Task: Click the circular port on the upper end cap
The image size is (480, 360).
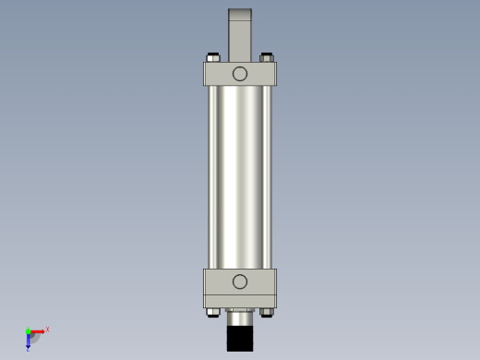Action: click(240, 74)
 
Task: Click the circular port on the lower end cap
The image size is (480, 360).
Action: click(240, 282)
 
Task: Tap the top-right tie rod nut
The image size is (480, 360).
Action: click(267, 57)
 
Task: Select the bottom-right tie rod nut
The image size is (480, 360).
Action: click(267, 312)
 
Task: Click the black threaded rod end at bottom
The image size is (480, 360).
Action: click(240, 337)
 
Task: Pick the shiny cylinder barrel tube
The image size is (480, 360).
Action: click(240, 175)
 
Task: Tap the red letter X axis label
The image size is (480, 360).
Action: click(47, 329)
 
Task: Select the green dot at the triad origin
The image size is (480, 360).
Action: click(28, 330)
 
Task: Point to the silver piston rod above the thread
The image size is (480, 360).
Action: click(240, 313)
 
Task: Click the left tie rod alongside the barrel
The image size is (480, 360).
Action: click(210, 175)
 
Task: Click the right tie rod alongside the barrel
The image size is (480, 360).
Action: click(269, 175)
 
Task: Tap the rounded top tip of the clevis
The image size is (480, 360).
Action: click(240, 10)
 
